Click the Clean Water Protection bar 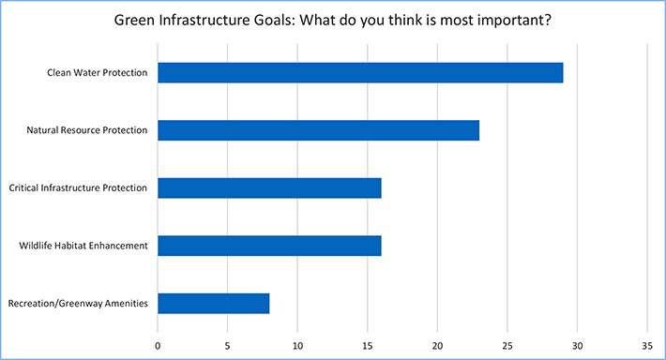pyautogui.click(x=360, y=72)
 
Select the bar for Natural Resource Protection pyautogui.click(x=318, y=130)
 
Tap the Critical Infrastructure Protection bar pyautogui.click(x=269, y=187)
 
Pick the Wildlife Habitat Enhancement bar pyautogui.click(x=269, y=246)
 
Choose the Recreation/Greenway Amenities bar pyautogui.click(x=213, y=303)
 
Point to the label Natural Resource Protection pyautogui.click(x=86, y=130)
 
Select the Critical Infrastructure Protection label pyautogui.click(x=78, y=187)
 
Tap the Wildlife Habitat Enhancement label pyautogui.click(x=83, y=246)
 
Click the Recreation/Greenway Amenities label pyautogui.click(x=78, y=303)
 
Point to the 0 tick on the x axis pyautogui.click(x=158, y=342)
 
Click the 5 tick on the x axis pyautogui.click(x=228, y=342)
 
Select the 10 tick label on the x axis pyautogui.click(x=297, y=342)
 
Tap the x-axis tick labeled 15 pyautogui.click(x=368, y=342)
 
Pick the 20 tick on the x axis pyautogui.click(x=437, y=342)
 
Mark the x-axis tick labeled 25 pyautogui.click(x=507, y=342)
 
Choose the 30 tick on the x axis pyautogui.click(x=577, y=342)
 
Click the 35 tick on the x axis pyautogui.click(x=647, y=342)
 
